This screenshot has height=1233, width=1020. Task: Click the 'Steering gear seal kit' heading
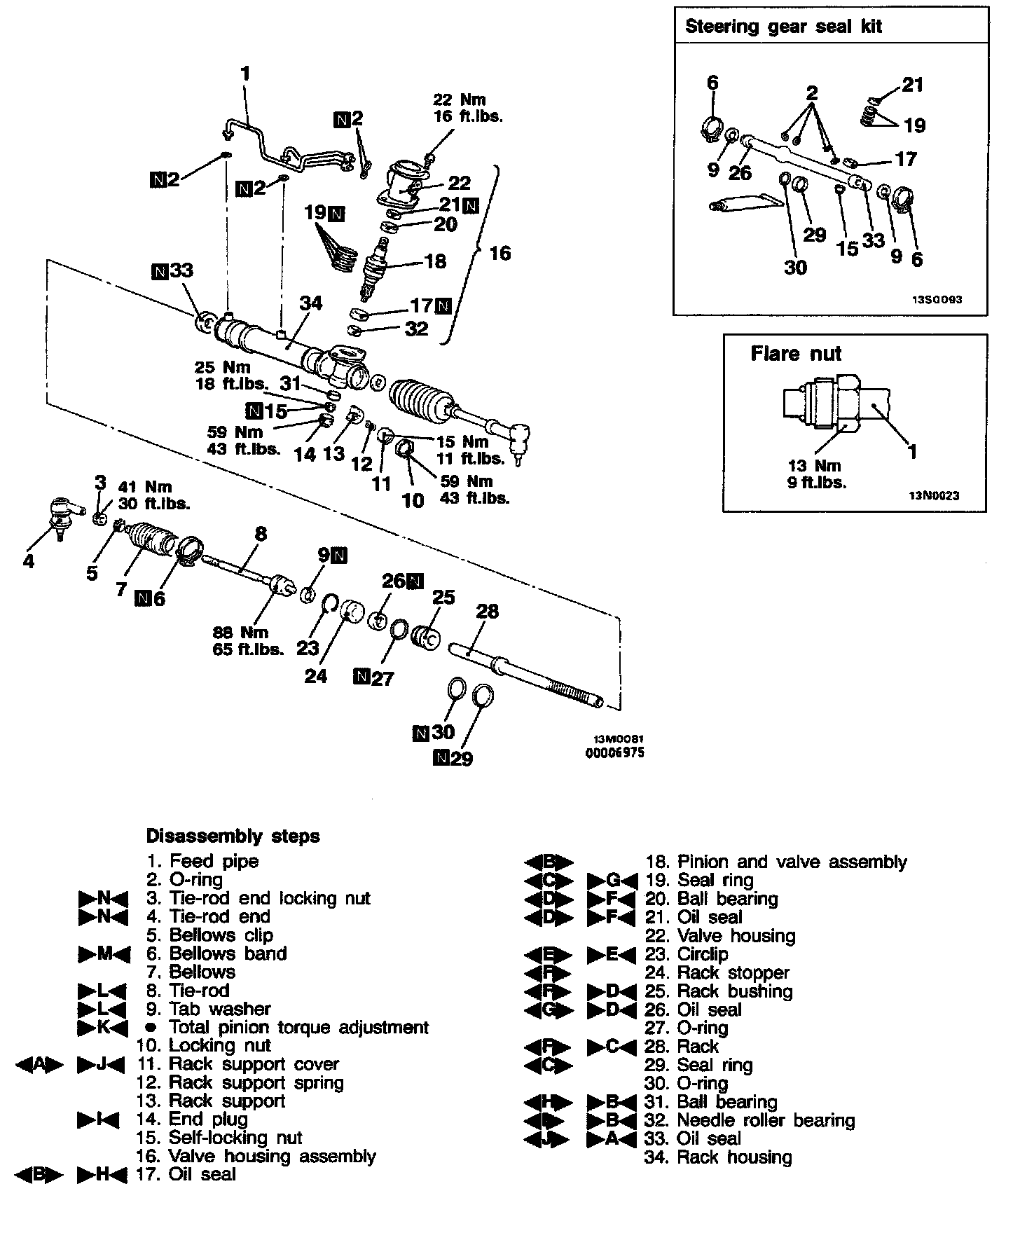tap(783, 27)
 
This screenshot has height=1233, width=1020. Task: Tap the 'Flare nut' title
tap(795, 353)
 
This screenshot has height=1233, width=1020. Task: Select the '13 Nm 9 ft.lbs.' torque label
tap(817, 474)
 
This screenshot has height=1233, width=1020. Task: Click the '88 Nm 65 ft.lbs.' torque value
tap(248, 641)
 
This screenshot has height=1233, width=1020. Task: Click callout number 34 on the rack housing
tap(310, 303)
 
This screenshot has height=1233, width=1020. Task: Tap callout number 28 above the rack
tap(487, 611)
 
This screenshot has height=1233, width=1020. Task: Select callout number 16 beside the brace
tap(499, 253)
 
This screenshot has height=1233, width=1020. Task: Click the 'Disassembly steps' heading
tap(233, 836)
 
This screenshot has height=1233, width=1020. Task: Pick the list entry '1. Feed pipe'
tap(202, 861)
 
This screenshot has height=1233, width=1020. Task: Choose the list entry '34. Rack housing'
tap(717, 1157)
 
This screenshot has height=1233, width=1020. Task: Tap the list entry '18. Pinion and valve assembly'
tap(775, 862)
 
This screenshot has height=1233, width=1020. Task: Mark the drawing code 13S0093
tap(936, 299)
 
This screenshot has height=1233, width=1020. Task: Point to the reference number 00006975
tap(614, 753)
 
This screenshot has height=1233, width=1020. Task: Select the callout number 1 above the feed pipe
tap(244, 74)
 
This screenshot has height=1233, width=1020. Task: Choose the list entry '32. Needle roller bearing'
tap(749, 1120)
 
